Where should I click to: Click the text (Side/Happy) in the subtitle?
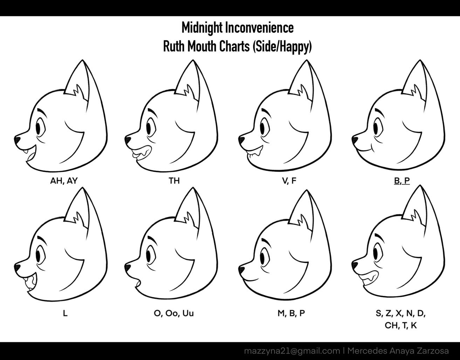click(x=282, y=47)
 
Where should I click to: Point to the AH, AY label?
click(x=64, y=181)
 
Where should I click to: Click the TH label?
click(x=174, y=181)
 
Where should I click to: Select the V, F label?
click(x=289, y=181)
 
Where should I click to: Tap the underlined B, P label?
click(x=401, y=181)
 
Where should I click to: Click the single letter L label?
click(x=65, y=313)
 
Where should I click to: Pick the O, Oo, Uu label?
click(x=173, y=313)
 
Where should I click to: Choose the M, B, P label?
click(x=291, y=313)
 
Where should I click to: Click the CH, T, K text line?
click(x=401, y=326)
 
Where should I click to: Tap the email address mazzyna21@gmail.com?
click(x=292, y=351)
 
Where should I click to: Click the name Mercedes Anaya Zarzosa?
click(x=398, y=351)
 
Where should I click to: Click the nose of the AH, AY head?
click(x=17, y=140)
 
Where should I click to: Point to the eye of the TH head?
click(x=149, y=128)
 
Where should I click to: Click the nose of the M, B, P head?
click(x=241, y=270)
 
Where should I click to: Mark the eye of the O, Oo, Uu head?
click(x=149, y=255)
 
